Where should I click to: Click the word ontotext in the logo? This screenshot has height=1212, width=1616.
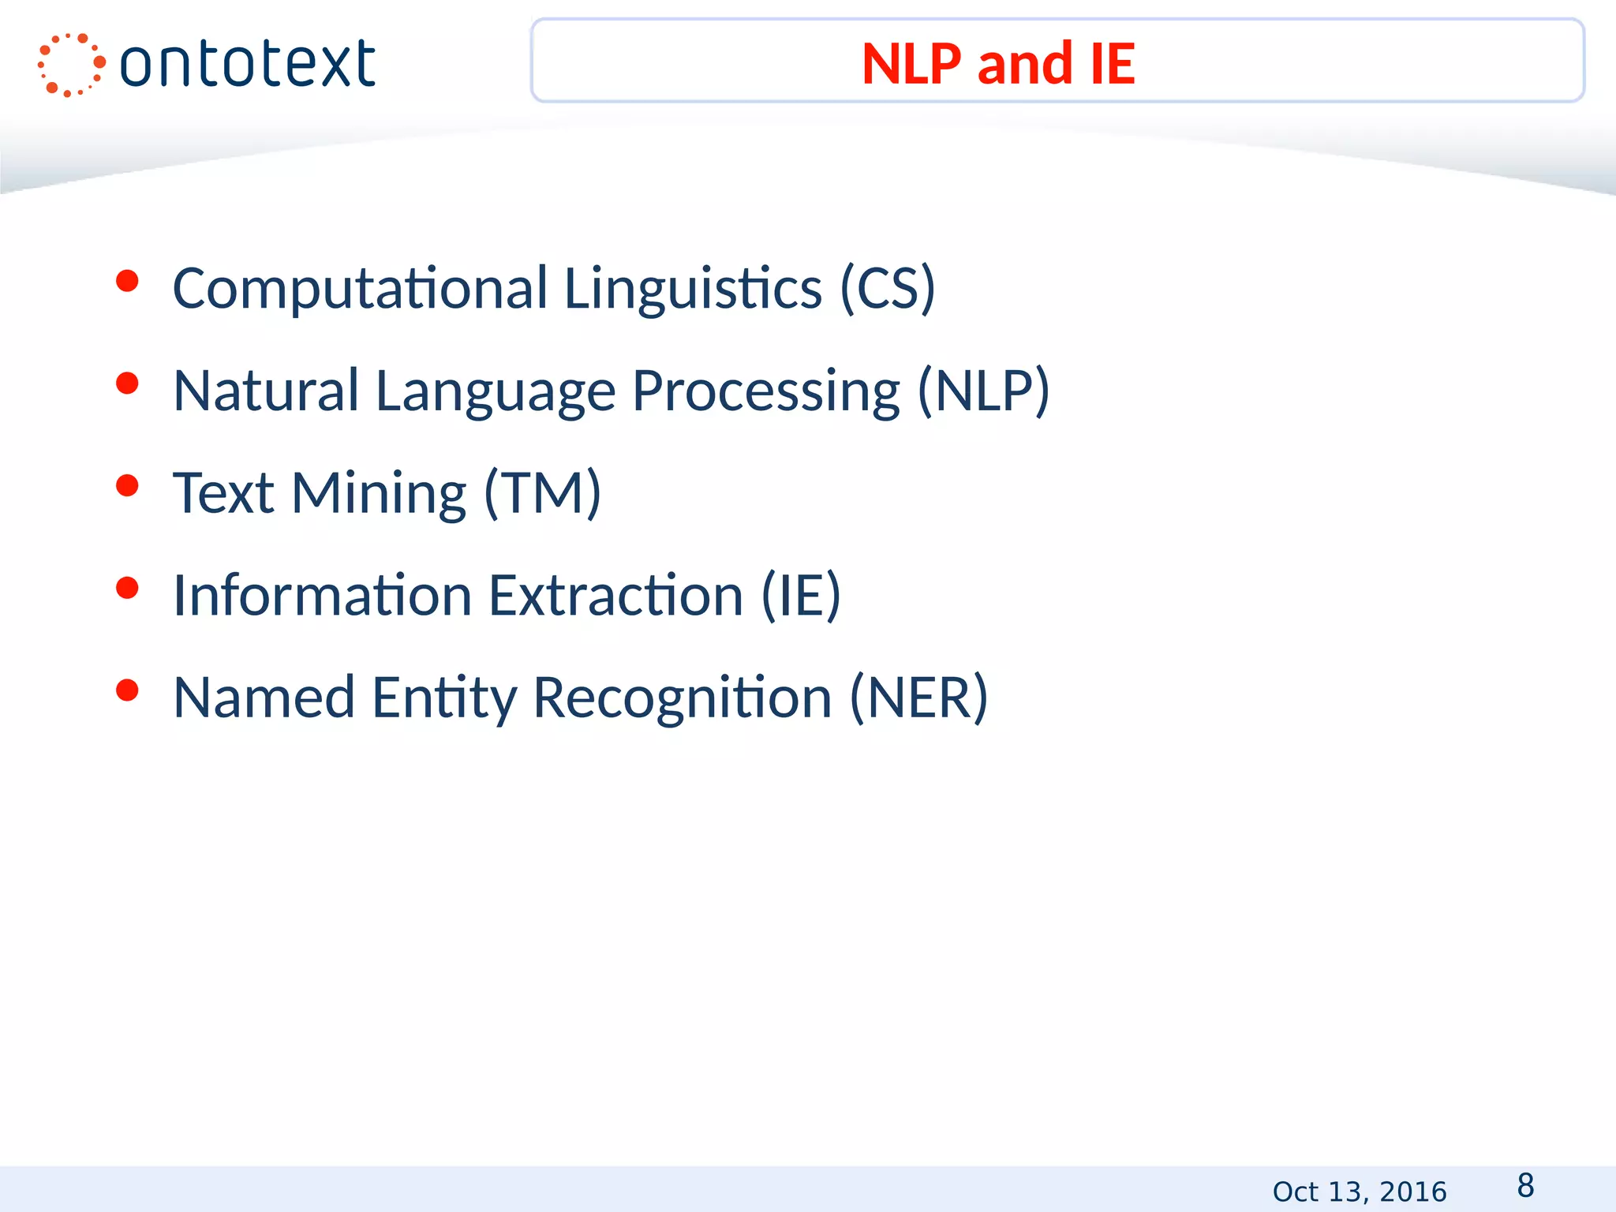tap(248, 65)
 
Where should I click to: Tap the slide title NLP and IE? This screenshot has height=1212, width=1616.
tap(998, 63)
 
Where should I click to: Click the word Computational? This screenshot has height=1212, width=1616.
tap(360, 289)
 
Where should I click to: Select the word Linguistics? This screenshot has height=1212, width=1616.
tap(693, 289)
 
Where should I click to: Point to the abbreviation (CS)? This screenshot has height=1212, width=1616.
tap(888, 289)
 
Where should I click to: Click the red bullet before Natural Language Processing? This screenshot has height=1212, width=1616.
tap(127, 383)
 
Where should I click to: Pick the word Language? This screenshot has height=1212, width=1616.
tap(495, 391)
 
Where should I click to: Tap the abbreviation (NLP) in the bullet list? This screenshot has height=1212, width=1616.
tap(983, 391)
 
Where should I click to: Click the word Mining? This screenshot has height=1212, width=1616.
tap(379, 493)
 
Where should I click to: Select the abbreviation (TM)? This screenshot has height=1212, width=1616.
tap(543, 493)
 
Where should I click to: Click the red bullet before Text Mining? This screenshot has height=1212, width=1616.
tap(127, 485)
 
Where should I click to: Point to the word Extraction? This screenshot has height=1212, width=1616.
tap(615, 595)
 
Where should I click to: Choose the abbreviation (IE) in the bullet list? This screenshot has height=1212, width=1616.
tap(801, 595)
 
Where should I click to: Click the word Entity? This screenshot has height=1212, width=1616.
tap(444, 698)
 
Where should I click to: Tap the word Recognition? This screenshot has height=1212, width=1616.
tap(683, 698)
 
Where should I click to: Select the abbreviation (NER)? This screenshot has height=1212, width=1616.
tap(918, 698)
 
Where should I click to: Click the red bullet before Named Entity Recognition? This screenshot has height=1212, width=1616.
tap(127, 690)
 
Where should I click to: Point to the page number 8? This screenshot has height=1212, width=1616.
tap(1525, 1185)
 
